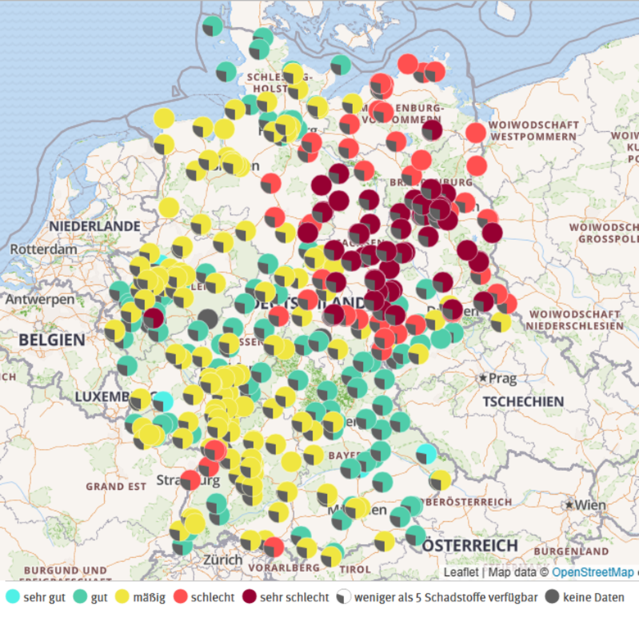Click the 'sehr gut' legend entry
pyautogui.click(x=37, y=597)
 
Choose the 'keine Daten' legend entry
pyautogui.click(x=586, y=597)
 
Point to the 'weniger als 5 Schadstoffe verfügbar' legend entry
pyautogui.click(x=437, y=597)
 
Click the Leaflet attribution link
pyautogui.click(x=460, y=573)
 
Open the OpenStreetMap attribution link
pyautogui.click(x=592, y=573)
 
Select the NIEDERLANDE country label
pyautogui.click(x=94, y=225)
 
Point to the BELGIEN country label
pyautogui.click(x=52, y=339)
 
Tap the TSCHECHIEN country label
pyautogui.click(x=523, y=401)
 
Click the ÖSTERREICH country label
pyautogui.click(x=470, y=545)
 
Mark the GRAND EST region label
pyautogui.click(x=116, y=486)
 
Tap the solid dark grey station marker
pyautogui.click(x=208, y=318)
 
